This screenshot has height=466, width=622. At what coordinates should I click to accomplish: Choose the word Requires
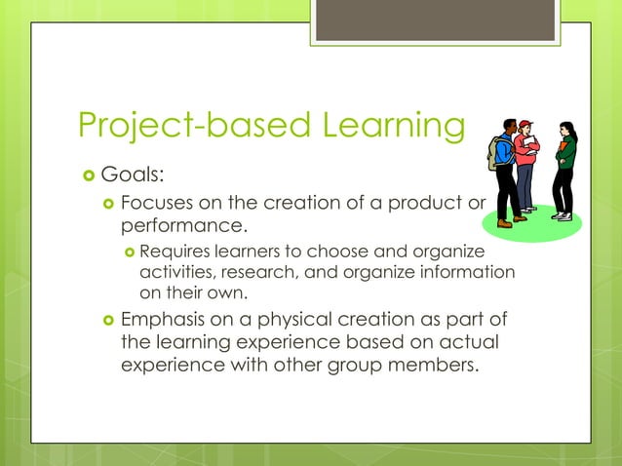173,253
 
